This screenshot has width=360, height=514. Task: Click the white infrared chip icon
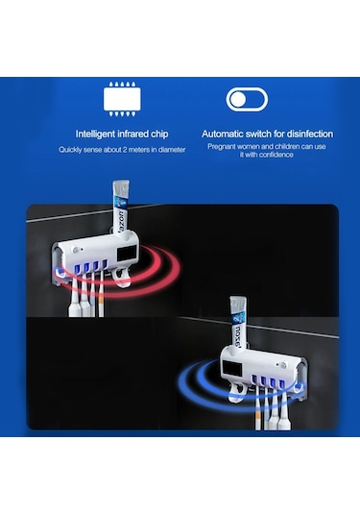[x=122, y=99]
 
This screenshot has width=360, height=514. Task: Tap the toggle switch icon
[x=247, y=99]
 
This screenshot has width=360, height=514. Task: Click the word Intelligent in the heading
[x=95, y=134]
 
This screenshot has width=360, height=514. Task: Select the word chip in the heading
[x=159, y=135]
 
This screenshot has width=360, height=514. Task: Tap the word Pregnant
[x=222, y=147]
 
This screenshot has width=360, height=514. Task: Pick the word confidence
[x=276, y=155]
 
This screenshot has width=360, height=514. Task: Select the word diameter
[x=172, y=150]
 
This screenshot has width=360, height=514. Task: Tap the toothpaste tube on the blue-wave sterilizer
[x=238, y=323]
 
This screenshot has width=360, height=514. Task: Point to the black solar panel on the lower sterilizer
[x=232, y=368]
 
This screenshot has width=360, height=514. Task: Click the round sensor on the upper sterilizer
[x=77, y=250]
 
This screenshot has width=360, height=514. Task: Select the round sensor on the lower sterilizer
[x=282, y=365]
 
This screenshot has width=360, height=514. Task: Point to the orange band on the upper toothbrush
[x=101, y=300]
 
